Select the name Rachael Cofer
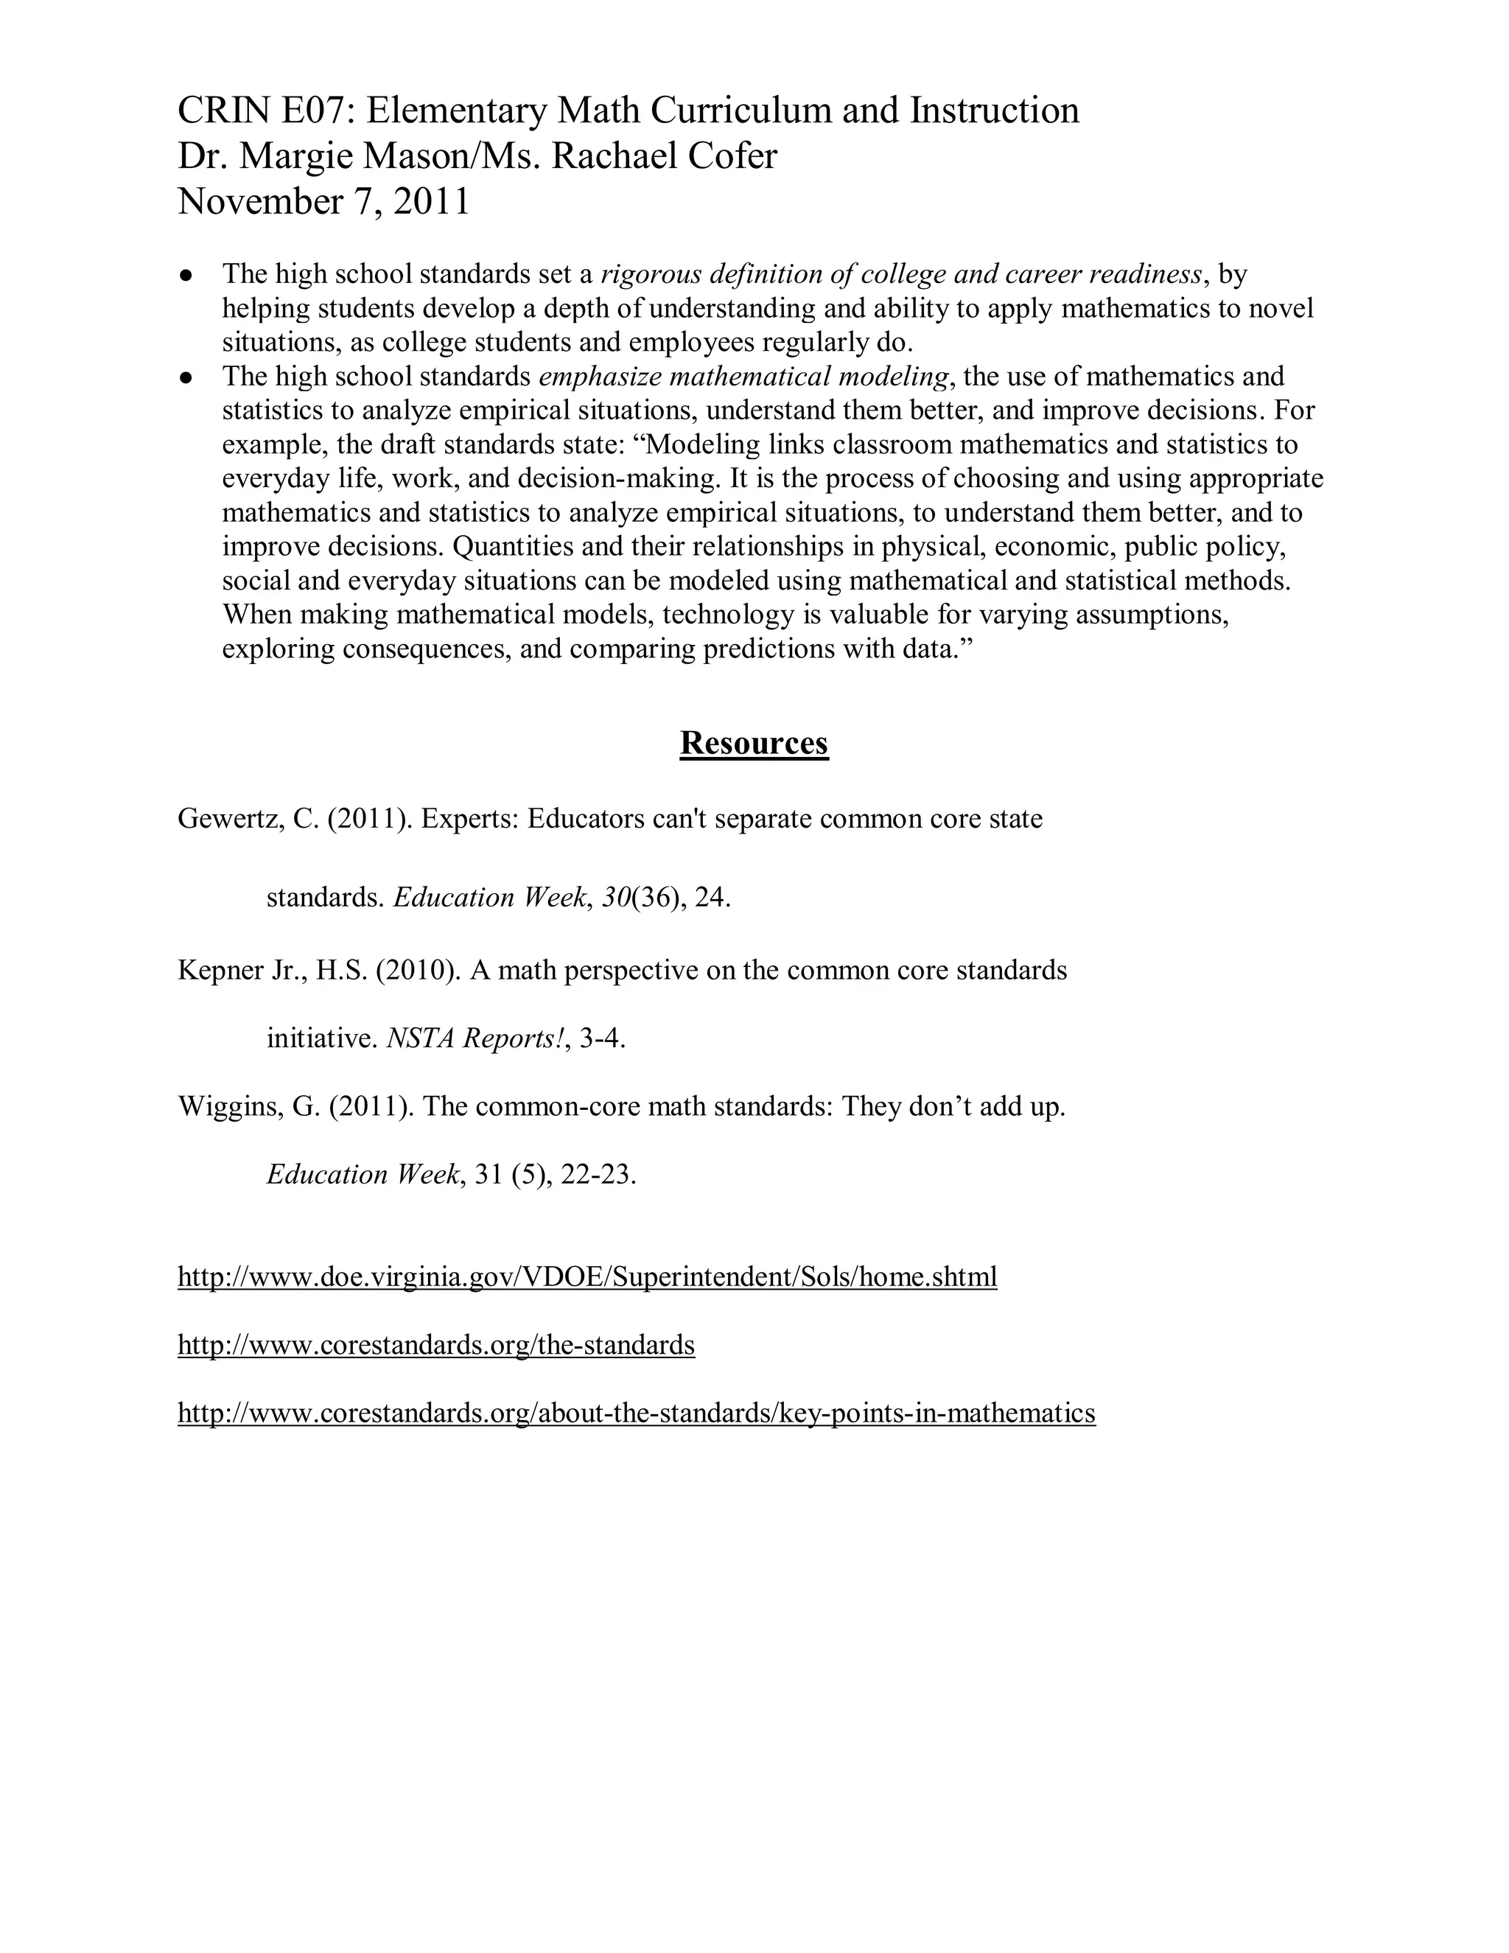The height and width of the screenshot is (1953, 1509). point(664,156)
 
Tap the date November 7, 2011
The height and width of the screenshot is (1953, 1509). point(323,202)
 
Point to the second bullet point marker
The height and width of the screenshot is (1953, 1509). point(186,377)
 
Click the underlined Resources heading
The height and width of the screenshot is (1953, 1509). point(754,743)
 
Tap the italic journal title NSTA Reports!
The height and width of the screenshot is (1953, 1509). point(475,1038)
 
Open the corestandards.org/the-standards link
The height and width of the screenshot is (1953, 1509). point(436,1345)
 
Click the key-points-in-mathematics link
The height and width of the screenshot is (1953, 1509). point(637,1413)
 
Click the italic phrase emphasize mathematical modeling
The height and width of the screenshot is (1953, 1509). point(743,377)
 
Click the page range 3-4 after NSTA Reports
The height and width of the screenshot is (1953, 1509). point(602,1038)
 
